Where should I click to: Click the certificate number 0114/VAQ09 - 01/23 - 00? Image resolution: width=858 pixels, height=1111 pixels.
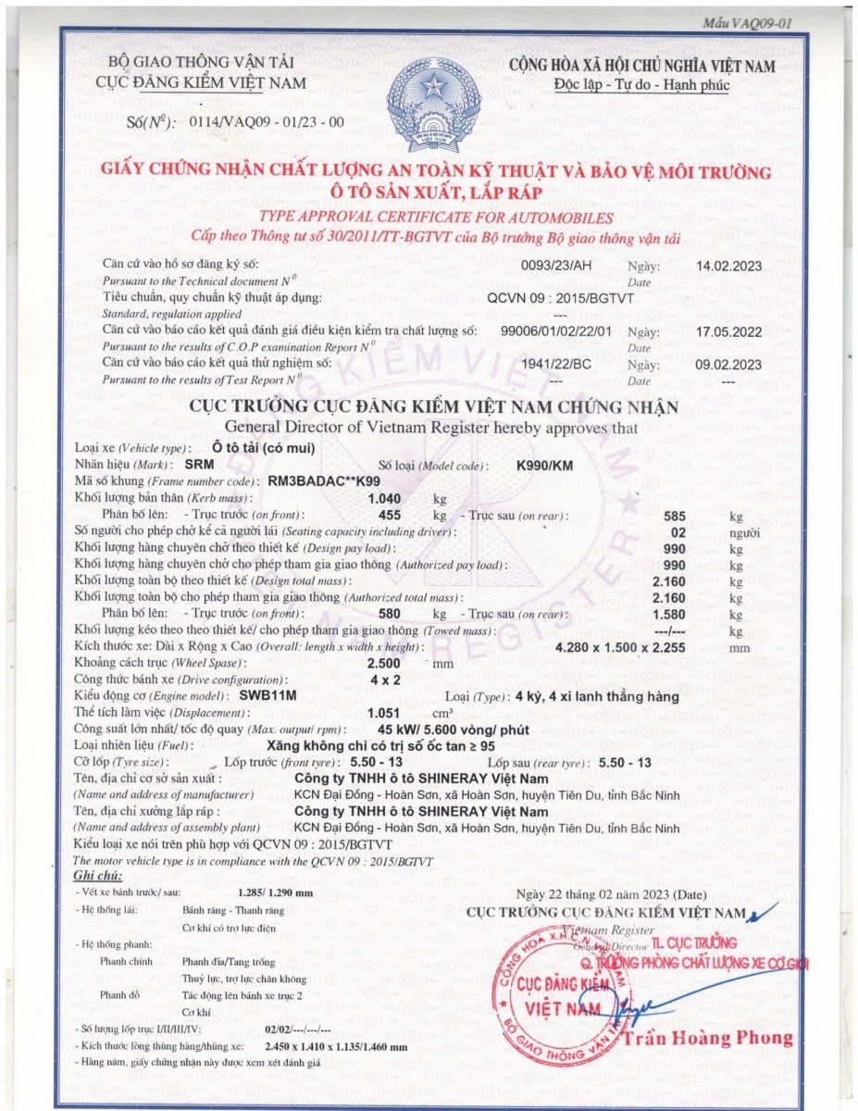coord(266,121)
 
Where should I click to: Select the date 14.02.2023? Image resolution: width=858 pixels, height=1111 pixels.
coord(728,266)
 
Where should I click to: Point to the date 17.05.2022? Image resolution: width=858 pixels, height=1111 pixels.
coord(728,331)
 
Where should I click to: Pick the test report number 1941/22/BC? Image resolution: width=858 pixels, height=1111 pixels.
coord(555,364)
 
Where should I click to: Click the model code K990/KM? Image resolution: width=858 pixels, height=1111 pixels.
coord(544,465)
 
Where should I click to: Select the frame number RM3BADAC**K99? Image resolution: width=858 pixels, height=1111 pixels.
coord(323,481)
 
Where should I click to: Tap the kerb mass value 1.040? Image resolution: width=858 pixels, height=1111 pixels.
coord(384,498)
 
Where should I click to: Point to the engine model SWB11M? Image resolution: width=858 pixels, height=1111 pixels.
coord(267,696)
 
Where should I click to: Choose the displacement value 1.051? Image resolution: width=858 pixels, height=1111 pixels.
coord(384,713)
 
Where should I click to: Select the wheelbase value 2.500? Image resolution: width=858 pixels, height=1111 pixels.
coord(384,664)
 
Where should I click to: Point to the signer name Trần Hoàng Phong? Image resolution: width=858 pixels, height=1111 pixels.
coord(710,1038)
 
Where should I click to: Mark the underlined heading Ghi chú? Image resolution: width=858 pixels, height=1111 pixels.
coord(97,875)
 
